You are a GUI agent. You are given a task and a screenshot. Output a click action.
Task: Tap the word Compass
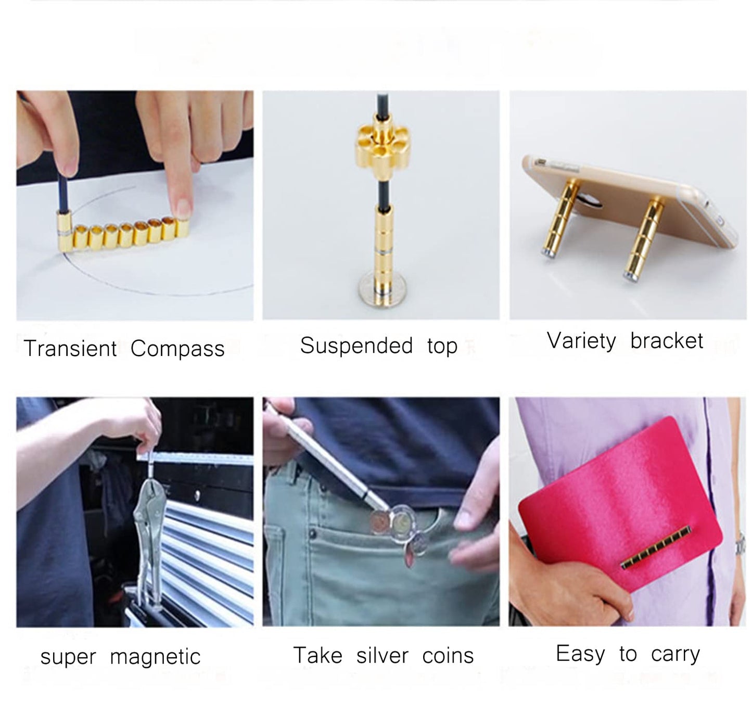click(177, 349)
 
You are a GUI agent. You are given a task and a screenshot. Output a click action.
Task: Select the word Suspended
click(356, 345)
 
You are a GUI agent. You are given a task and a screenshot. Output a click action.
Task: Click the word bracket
click(666, 340)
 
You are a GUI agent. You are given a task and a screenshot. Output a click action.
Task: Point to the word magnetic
click(155, 656)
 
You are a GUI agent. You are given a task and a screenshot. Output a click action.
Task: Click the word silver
click(382, 655)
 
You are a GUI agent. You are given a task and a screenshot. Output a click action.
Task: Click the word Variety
click(581, 341)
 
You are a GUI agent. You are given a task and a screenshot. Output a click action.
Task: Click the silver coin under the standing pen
click(382, 289)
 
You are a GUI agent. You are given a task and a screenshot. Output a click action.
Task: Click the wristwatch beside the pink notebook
click(740, 544)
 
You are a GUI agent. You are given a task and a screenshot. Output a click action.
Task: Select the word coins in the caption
click(448, 655)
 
